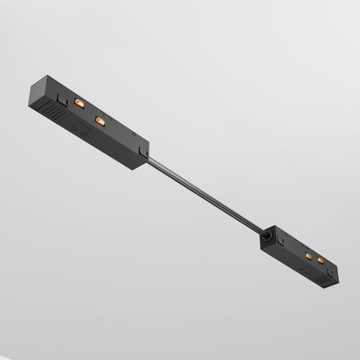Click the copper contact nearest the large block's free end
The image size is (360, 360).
80,102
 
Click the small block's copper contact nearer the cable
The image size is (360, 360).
308,256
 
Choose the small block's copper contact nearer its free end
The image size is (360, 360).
320,260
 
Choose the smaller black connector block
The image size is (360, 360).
299,256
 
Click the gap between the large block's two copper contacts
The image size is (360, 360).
90,111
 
